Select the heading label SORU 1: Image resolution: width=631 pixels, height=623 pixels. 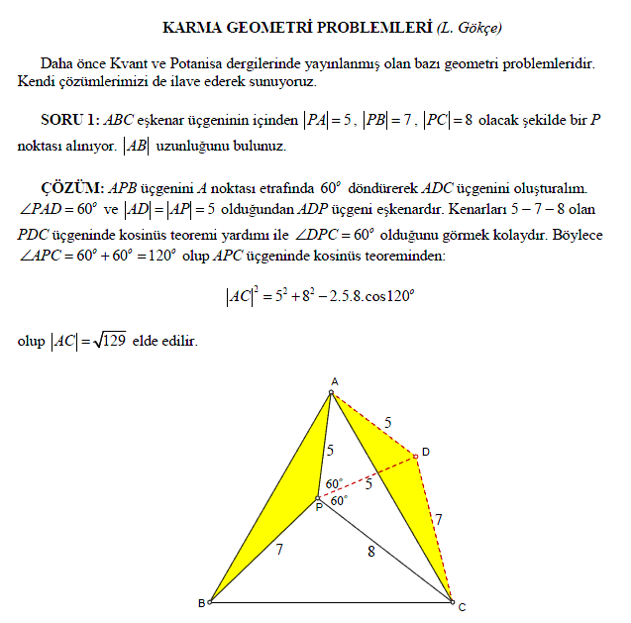coord(69,120)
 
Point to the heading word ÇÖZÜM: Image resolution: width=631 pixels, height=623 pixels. coord(71,188)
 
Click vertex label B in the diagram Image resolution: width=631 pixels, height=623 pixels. coord(201,603)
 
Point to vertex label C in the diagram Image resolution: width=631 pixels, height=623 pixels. coord(462,605)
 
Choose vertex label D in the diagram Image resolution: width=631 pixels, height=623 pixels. coord(425,453)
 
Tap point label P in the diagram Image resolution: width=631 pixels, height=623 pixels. coord(318,507)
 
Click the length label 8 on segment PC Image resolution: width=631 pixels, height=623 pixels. coord(370,552)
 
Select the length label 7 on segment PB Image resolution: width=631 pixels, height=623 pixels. coord(279,548)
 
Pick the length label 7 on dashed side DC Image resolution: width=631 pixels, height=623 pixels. coord(438,518)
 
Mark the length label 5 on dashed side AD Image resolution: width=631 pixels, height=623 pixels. coord(387,422)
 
